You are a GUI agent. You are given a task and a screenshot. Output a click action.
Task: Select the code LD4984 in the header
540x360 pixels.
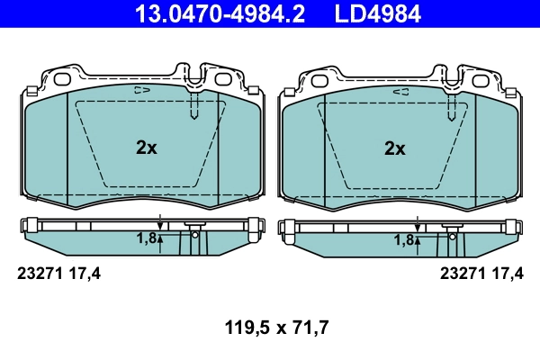tap(371, 13)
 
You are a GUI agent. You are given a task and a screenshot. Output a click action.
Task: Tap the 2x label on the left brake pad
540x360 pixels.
tap(146, 148)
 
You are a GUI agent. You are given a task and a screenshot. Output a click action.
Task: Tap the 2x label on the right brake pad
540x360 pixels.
tap(394, 148)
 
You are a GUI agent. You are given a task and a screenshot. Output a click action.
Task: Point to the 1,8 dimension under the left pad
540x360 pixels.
tap(146, 238)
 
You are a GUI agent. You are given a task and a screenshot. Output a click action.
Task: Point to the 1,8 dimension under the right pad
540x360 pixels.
tap(403, 238)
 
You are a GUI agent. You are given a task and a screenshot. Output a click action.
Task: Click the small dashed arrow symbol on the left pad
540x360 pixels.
tap(141, 90)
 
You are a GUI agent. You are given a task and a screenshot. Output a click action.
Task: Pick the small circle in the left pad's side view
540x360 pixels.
tap(194, 235)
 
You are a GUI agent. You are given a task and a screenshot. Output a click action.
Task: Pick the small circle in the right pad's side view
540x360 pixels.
tap(447, 235)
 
